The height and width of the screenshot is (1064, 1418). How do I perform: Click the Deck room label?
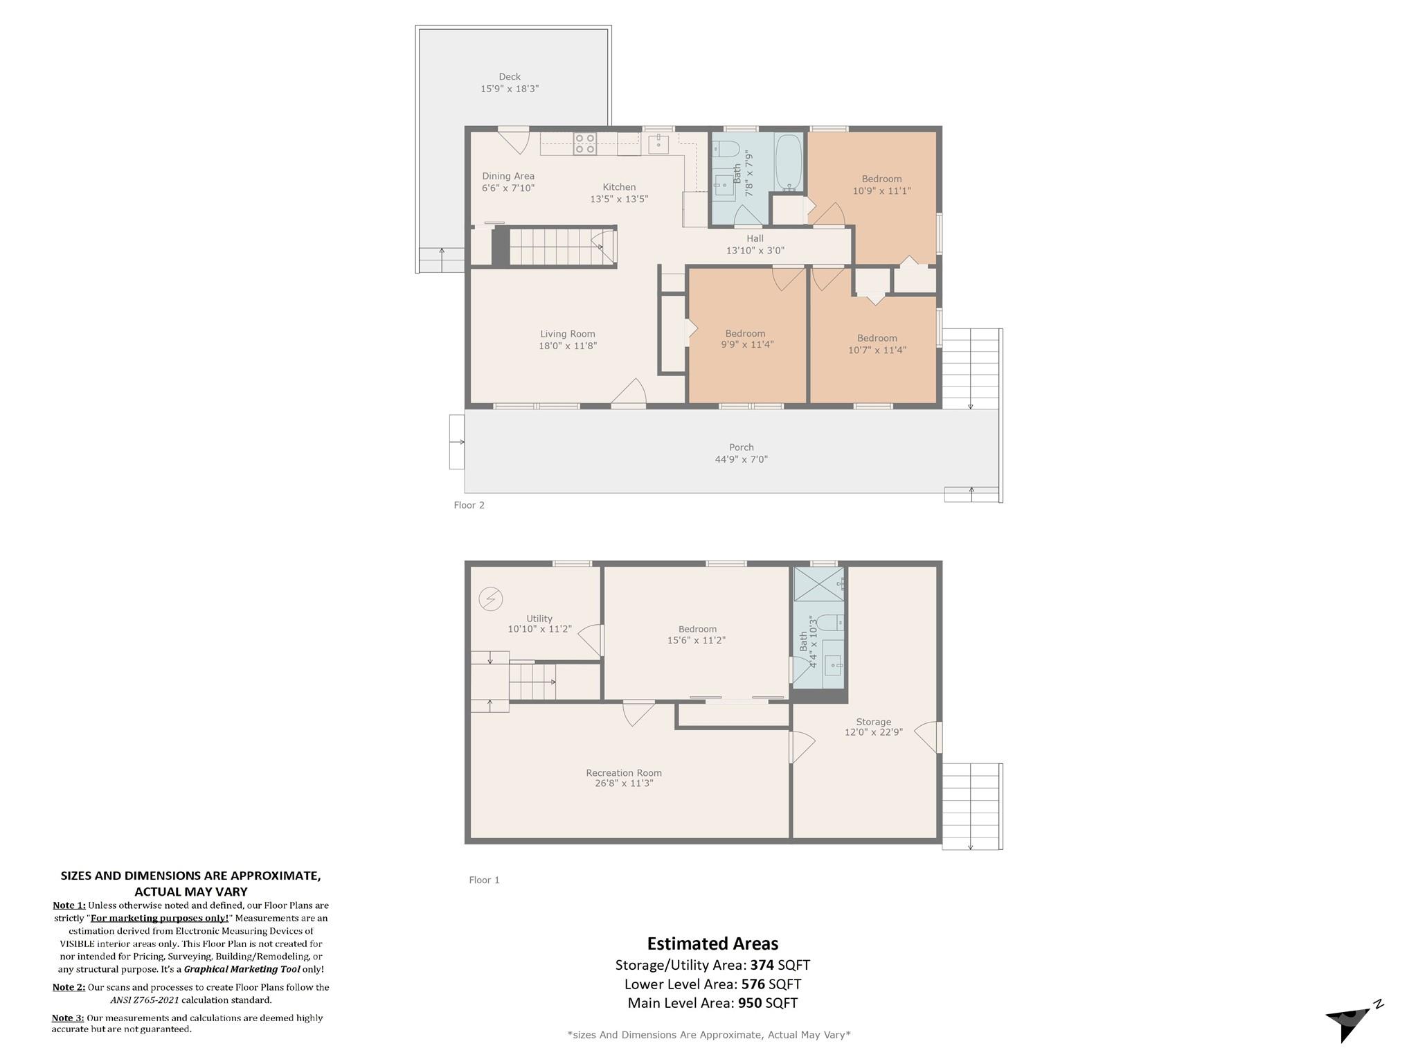(510, 77)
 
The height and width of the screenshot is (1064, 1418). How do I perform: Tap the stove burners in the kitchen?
(585, 143)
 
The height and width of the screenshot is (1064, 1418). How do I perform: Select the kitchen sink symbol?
(658, 144)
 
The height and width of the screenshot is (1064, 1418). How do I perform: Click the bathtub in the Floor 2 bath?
(789, 163)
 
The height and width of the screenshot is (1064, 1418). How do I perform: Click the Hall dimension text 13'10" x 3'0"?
(755, 251)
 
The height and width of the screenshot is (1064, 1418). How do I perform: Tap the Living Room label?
(568, 334)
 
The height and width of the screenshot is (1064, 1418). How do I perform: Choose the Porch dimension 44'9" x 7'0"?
(742, 459)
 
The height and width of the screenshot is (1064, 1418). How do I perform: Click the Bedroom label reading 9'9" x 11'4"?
(745, 333)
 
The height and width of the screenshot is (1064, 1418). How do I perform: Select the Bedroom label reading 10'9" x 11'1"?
(881, 179)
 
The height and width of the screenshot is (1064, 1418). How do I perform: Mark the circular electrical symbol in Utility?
(490, 598)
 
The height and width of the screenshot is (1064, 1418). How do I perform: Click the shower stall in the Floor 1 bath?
(818, 584)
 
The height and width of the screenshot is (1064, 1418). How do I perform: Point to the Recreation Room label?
(624, 772)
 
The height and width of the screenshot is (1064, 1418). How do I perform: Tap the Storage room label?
(873, 722)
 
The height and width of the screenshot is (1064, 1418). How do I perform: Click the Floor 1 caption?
(484, 880)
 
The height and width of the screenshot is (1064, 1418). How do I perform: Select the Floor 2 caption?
(469, 505)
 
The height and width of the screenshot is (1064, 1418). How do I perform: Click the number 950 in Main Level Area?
(750, 1003)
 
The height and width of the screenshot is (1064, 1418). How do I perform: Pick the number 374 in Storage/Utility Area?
(762, 965)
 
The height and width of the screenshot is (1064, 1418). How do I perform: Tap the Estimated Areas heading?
(712, 943)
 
